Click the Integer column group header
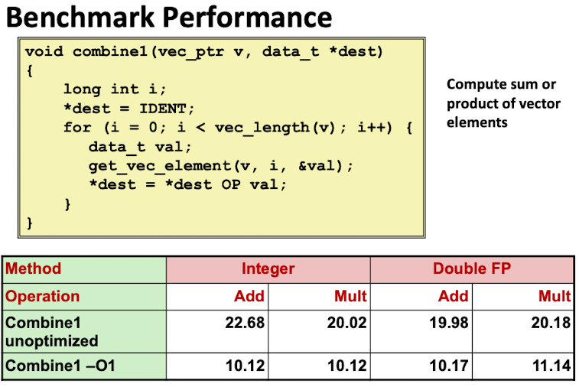(x=268, y=269)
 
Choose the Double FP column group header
(x=471, y=269)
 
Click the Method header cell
(x=34, y=269)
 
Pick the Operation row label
(x=43, y=296)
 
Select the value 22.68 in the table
(x=245, y=323)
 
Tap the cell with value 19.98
(x=449, y=323)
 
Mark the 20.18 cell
(x=551, y=323)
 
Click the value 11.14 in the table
(x=551, y=366)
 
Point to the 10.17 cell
(x=449, y=366)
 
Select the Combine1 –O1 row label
(x=60, y=366)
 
